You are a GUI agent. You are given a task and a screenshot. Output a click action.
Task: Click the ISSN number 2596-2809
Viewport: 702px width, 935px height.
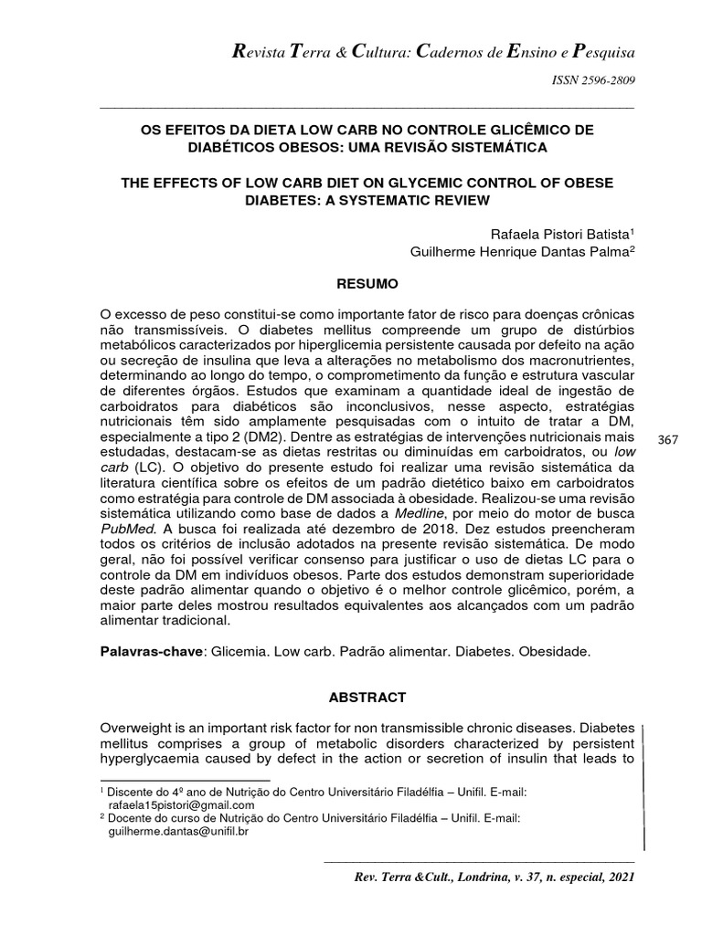[x=598, y=80]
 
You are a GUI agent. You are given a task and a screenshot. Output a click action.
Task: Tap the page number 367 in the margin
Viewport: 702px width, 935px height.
[x=668, y=440]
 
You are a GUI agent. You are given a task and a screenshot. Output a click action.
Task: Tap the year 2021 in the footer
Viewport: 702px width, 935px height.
[x=619, y=874]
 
